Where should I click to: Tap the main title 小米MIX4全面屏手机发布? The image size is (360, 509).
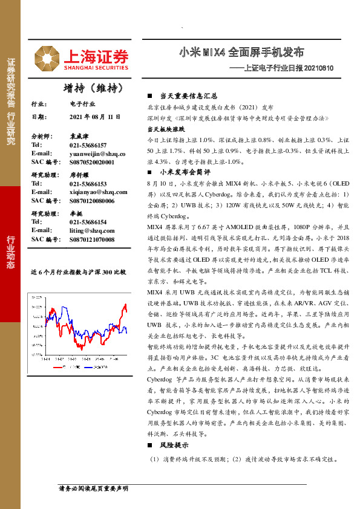pos(241,53)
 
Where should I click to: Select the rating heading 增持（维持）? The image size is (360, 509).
pos(93,88)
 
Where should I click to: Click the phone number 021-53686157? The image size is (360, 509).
pos(88,146)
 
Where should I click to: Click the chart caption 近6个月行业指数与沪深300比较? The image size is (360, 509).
pos(78,273)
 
